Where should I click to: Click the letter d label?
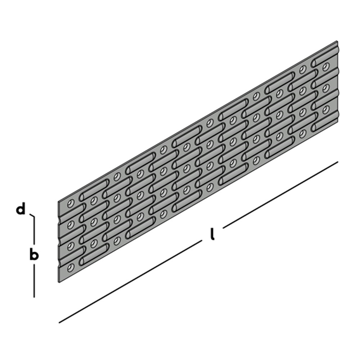coord(20,209)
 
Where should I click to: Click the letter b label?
coord(34,254)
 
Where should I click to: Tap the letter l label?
coord(212,234)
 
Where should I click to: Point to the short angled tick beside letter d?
coord(32,215)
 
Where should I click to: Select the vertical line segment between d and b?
coord(35,230)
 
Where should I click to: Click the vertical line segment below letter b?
coord(35,280)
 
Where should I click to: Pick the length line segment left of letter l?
coord(130,282)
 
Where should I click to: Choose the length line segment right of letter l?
coord(280,195)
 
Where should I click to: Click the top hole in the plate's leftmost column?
coord(71,203)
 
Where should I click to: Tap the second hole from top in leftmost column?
coord(71,225)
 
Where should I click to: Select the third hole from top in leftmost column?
coord(71,246)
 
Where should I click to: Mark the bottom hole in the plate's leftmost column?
coord(71,267)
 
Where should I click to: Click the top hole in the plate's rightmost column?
coord(326,66)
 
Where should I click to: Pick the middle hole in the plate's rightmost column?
coord(326,88)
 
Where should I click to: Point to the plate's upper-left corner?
coord(58,202)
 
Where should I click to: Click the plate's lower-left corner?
coord(59,282)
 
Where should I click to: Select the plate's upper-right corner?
coord(337,41)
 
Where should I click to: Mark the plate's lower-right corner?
coord(338,121)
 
